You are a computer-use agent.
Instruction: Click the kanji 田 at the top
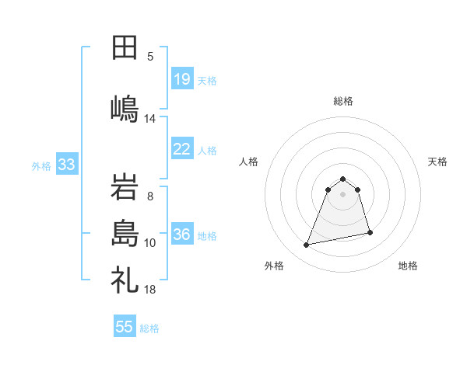coord(125,48)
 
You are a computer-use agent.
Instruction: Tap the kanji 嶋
coord(125,108)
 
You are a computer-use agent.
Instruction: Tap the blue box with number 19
coord(182,79)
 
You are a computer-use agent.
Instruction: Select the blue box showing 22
coord(182,149)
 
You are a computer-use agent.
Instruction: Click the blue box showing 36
coord(182,235)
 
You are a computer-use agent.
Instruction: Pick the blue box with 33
coord(66,165)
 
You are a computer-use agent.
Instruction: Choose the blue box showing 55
coord(125,327)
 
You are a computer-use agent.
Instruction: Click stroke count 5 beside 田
coord(150,56)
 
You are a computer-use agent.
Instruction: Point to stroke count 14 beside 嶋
coord(150,118)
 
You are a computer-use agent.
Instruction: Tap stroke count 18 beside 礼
coord(150,290)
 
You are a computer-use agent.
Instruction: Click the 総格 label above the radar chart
coord(343,101)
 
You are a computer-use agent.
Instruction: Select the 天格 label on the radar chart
coord(438,162)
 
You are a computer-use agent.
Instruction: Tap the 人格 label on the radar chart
coord(249,162)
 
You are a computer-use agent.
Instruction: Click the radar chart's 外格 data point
coord(307,245)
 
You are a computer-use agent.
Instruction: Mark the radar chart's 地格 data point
coord(370,232)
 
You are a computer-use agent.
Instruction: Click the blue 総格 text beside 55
coord(149,328)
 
